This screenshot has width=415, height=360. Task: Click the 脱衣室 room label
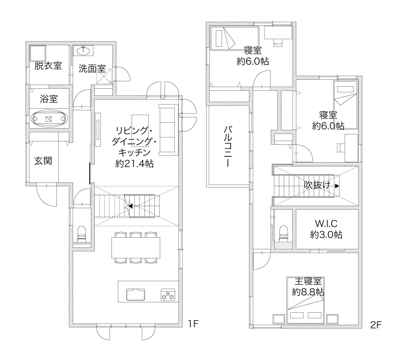point(48,66)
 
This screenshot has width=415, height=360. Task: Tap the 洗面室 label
point(92,69)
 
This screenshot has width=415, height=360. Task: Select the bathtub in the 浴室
point(49,119)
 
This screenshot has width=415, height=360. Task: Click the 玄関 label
point(43,161)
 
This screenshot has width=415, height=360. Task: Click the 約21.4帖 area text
point(134,164)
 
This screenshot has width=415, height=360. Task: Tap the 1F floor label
point(193,324)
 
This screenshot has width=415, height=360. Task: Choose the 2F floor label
point(376,325)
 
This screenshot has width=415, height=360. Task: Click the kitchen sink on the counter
point(136,294)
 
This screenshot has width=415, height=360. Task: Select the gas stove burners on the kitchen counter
point(168,295)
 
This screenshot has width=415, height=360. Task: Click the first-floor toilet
point(81,234)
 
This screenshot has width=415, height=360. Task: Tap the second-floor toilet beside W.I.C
point(283,233)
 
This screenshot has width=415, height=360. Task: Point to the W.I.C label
point(326,224)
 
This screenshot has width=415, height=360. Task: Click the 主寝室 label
point(308,281)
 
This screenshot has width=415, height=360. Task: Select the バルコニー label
point(228,146)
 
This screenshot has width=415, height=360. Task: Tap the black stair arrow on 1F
point(130,206)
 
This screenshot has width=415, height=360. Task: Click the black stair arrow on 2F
point(337,186)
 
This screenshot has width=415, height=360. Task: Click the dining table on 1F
point(136,248)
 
